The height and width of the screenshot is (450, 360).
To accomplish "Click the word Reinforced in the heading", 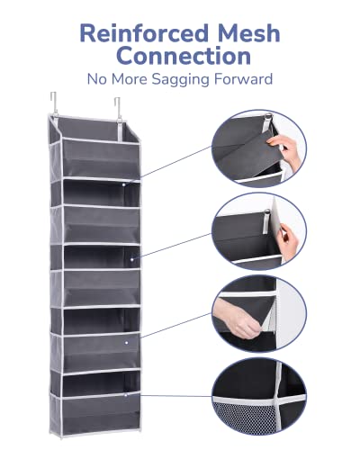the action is [144, 33].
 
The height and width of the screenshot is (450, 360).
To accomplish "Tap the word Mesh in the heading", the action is [249, 33].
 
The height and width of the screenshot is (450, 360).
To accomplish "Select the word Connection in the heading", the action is [184, 56].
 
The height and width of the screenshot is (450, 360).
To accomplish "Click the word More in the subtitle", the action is [130, 79].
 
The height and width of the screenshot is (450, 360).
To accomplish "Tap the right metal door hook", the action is [118, 110].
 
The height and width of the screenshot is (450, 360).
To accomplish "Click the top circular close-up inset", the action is [259, 148].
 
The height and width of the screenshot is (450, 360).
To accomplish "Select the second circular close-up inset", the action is [259, 231].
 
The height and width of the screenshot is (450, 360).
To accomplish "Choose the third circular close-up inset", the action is [259, 314].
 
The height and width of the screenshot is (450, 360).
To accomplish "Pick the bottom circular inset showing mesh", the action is [259, 397].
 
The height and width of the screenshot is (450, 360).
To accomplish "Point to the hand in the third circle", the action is [237, 319].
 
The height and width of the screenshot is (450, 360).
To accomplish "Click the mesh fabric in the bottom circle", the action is [243, 418].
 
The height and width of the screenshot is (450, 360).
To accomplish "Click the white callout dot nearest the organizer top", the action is [123, 184].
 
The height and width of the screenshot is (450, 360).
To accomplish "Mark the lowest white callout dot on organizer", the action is [126, 396].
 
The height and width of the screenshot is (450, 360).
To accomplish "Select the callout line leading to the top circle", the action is [175, 162].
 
